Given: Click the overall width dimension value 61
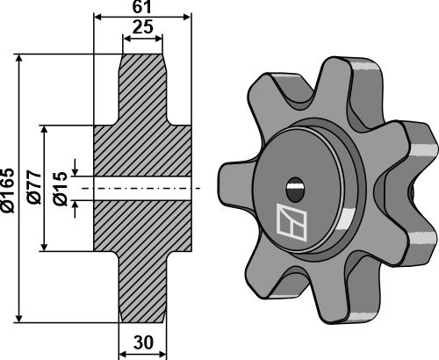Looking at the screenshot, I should point(141,8).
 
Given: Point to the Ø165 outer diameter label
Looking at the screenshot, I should point(8,189).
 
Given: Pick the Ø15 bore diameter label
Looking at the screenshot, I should point(59,189).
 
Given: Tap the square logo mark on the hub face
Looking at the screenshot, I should point(291,223).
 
